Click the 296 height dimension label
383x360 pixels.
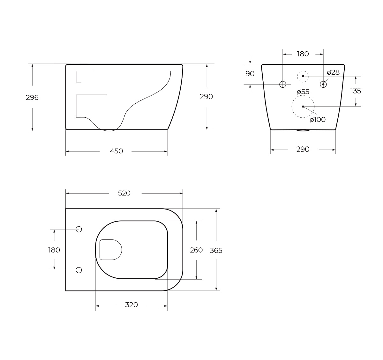(x=32, y=98)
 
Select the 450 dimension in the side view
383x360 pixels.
(x=116, y=151)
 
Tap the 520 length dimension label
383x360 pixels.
(x=124, y=193)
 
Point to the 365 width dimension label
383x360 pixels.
(x=216, y=251)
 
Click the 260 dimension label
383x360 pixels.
(x=196, y=250)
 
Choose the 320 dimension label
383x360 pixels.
(x=131, y=305)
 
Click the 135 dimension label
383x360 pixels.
(x=356, y=91)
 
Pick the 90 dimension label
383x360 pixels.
(x=250, y=74)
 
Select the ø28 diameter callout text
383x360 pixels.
(x=333, y=72)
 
